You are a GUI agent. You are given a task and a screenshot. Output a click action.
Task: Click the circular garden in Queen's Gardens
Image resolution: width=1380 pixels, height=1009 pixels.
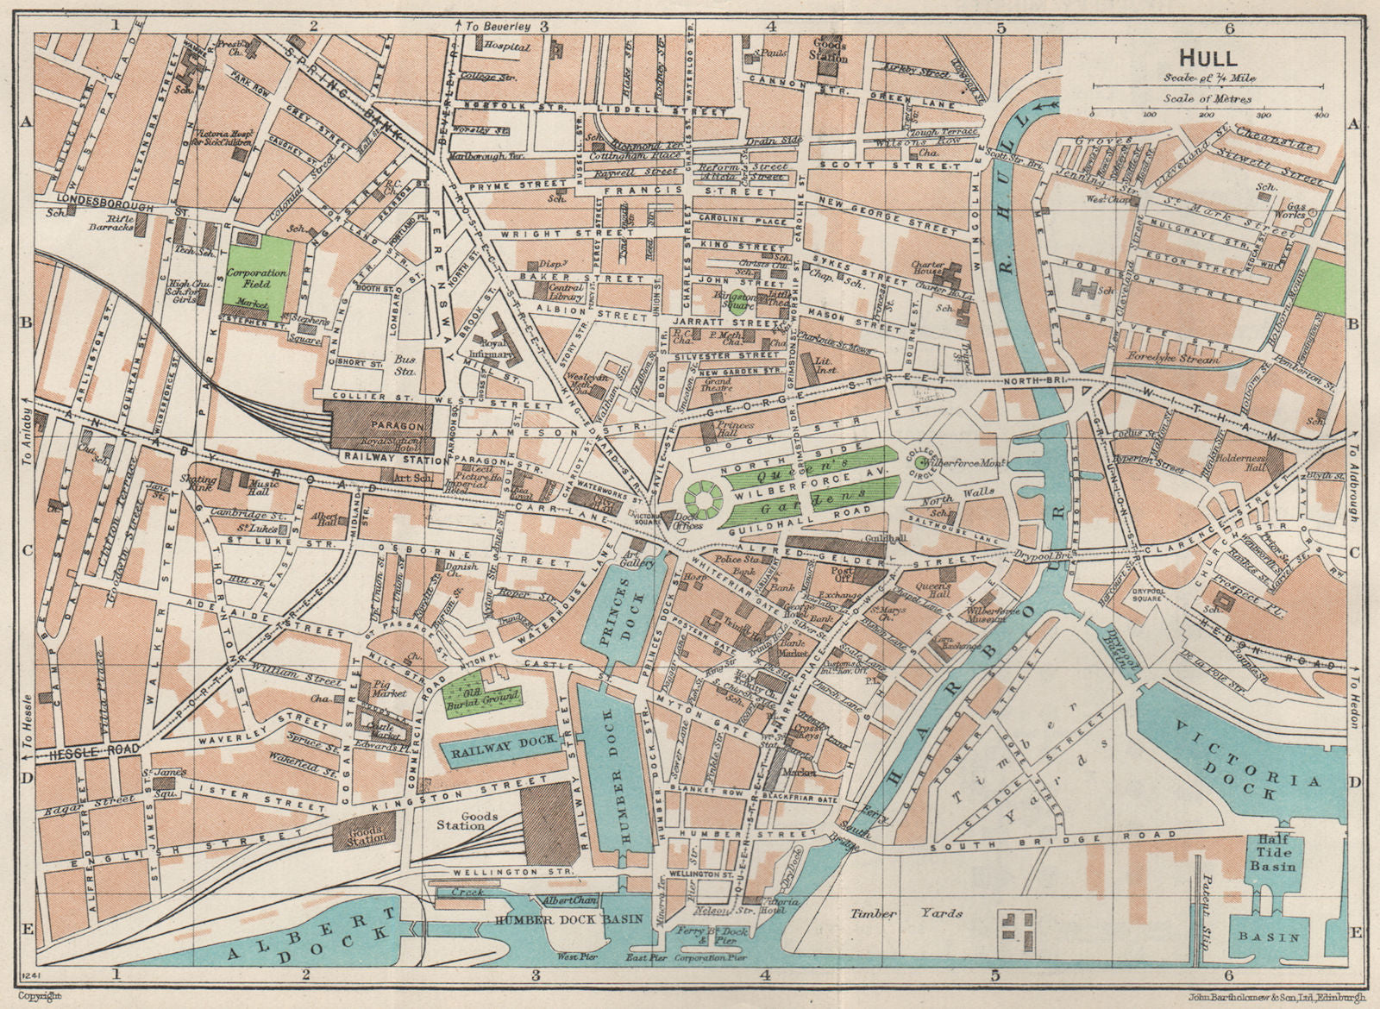pyautogui.click(x=701, y=498)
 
